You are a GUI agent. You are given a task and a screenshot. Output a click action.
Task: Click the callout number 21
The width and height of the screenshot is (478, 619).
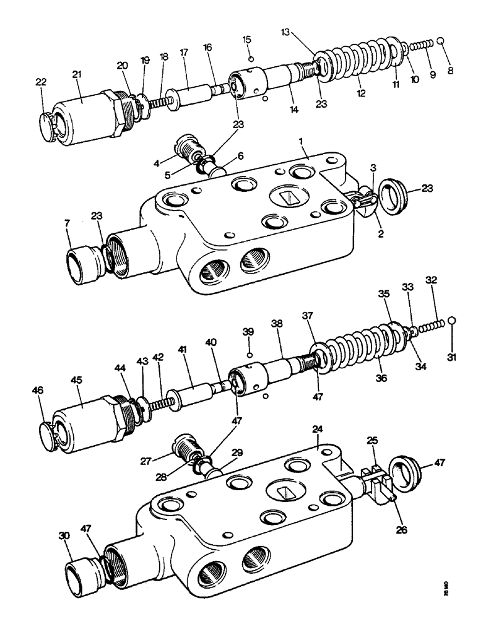[x=77, y=75]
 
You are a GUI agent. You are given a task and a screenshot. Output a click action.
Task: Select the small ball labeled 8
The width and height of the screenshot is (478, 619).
[x=441, y=41]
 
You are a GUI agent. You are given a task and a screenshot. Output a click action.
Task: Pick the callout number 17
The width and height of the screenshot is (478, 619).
[x=183, y=53]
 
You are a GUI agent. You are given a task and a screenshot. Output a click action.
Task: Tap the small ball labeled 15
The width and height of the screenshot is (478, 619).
[x=250, y=59]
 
